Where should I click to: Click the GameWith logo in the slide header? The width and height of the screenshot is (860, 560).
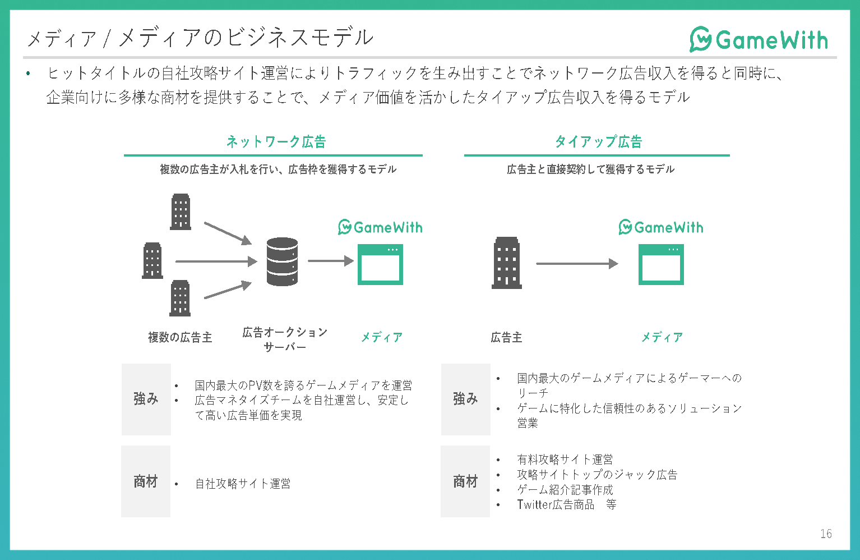pos(759,39)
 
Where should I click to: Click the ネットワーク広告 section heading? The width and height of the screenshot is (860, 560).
pos(276,142)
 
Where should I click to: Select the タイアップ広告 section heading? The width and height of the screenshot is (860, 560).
pos(599,142)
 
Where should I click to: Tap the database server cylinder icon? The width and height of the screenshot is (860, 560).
pos(282,261)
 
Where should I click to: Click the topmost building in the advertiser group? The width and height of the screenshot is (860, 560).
pos(181,212)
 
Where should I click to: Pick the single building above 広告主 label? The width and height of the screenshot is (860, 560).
pos(507,263)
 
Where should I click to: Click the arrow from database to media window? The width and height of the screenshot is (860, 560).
pos(331,261)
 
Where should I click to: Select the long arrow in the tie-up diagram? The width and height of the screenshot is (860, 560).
pos(577,264)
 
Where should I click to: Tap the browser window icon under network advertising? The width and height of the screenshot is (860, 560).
pos(380,264)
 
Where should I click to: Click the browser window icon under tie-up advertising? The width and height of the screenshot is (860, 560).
pos(661,264)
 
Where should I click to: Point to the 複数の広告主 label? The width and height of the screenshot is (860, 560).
pos(180,337)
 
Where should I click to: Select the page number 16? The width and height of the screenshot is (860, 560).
pos(826,534)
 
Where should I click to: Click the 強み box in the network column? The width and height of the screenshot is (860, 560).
pos(146,400)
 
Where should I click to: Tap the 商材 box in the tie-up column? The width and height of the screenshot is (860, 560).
pos(465,481)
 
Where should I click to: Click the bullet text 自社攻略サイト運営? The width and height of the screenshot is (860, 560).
pos(243,484)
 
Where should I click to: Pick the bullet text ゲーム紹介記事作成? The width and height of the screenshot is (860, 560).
pos(565,490)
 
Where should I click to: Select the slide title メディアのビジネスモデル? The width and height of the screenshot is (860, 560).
pos(246,38)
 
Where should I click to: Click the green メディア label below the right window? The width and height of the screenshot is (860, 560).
pos(662,337)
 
